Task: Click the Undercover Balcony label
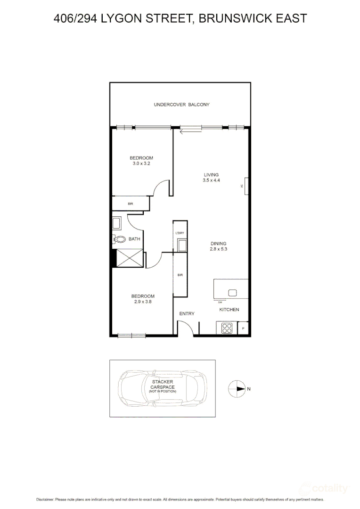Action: pyautogui.click(x=181, y=105)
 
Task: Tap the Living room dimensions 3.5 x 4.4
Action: pyautogui.click(x=211, y=181)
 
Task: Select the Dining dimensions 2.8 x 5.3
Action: pyautogui.click(x=218, y=249)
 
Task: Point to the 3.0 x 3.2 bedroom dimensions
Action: pyautogui.click(x=141, y=164)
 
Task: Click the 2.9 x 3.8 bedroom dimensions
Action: pyautogui.click(x=142, y=302)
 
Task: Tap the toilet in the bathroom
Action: pyautogui.click(x=120, y=239)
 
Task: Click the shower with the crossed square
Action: pyautogui.click(x=129, y=258)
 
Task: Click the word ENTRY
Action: pyautogui.click(x=187, y=314)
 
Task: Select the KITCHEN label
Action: pyautogui.click(x=229, y=310)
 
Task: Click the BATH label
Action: pyautogui.click(x=134, y=239)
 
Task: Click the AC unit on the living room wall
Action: pyautogui.click(x=245, y=186)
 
